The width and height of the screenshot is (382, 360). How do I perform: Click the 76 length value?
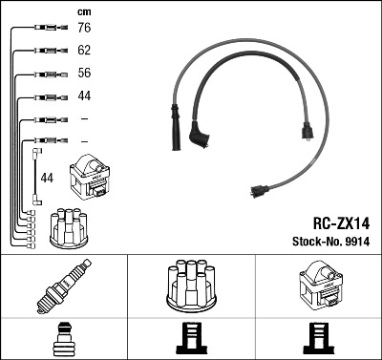click(x=85, y=29)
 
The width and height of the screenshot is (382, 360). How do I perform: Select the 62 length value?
click(x=85, y=52)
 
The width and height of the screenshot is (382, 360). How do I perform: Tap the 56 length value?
click(x=85, y=74)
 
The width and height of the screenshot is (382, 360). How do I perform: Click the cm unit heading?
click(x=84, y=11)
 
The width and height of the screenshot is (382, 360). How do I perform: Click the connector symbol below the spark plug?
click(x=63, y=338)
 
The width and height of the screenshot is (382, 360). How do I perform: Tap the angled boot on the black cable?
click(x=201, y=136)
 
